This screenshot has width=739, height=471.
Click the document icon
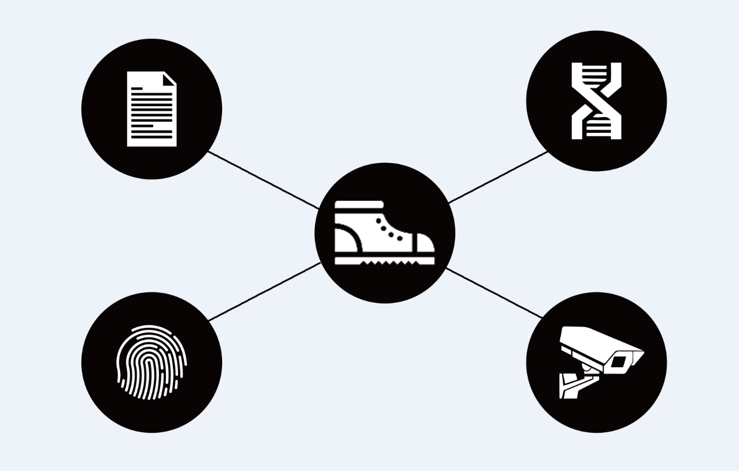point(151,109)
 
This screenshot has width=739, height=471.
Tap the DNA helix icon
point(596,101)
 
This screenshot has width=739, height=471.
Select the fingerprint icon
point(151,363)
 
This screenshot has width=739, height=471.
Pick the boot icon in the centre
point(384,233)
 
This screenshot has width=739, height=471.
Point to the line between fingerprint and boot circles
point(264,291)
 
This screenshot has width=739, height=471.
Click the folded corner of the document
point(170,79)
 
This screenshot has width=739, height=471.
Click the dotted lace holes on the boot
point(390,230)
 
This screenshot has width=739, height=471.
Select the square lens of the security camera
point(618,362)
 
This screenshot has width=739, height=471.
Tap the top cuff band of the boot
point(358,204)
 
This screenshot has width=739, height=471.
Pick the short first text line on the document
point(137,89)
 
